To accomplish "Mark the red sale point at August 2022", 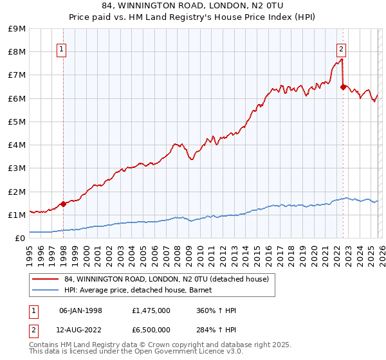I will coord(343,87).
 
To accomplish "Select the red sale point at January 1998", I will coord(63,204).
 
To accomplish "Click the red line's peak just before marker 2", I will coord(341,60).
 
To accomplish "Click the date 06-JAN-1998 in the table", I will coord(80,310).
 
